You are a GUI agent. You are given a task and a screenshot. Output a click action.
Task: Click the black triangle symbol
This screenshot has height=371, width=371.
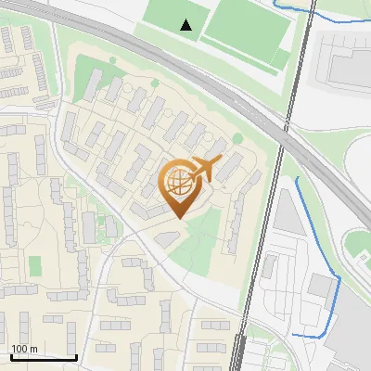[x=186, y=25]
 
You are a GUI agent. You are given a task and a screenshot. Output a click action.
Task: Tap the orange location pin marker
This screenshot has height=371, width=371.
[x=179, y=190]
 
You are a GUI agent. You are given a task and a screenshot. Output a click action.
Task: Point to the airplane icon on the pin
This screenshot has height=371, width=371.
[x=205, y=169]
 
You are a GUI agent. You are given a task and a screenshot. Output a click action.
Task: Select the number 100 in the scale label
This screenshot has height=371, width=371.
[x=19, y=349]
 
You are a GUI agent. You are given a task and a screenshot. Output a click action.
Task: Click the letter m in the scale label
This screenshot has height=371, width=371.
[x=33, y=349]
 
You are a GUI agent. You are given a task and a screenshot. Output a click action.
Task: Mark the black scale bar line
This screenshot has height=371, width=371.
[x=43, y=357]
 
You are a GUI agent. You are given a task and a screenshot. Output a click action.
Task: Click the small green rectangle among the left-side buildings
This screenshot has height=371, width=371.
[x=35, y=266]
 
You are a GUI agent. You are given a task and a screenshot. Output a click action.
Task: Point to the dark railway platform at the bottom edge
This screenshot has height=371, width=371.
[x=238, y=357]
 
